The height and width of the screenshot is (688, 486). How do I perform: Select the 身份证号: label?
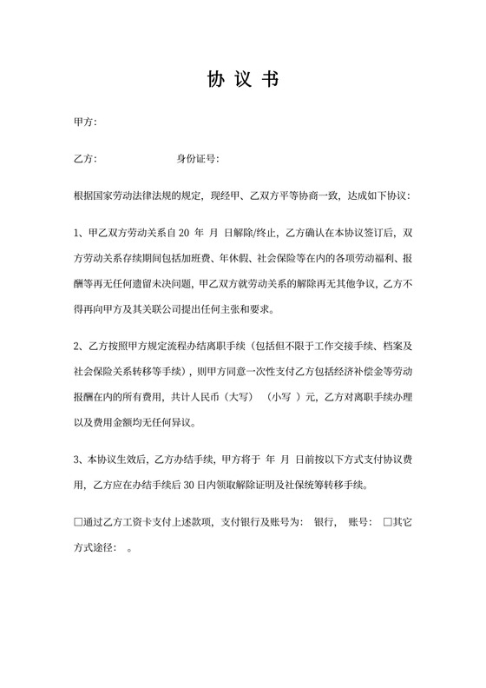[198, 159]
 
